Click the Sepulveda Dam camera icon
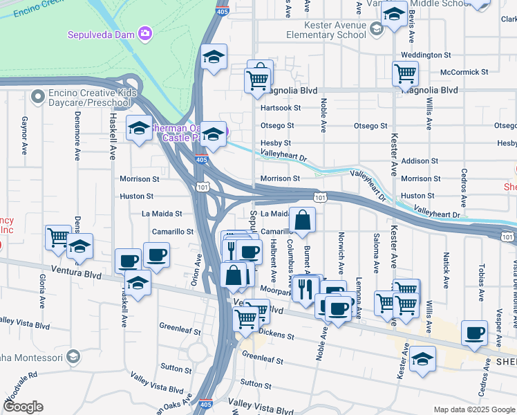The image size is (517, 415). pyautogui.click(x=144, y=33)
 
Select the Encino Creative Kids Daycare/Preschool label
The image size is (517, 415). pyautogui.click(x=90, y=98)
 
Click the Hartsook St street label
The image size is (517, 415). pyautogui.click(x=280, y=108)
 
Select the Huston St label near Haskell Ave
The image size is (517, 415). pyautogui.click(x=136, y=196)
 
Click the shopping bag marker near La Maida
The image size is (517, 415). pyautogui.click(x=303, y=221)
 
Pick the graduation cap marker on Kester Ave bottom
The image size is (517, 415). pyautogui.click(x=422, y=360)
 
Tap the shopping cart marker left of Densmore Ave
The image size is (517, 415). pyautogui.click(x=58, y=237)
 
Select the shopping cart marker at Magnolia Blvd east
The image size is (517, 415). pyautogui.click(x=404, y=73)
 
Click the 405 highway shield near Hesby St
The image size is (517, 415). pyautogui.click(x=200, y=160)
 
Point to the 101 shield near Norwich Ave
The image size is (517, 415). pyautogui.click(x=321, y=198)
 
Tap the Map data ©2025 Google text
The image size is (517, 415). pyautogui.click(x=473, y=409)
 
